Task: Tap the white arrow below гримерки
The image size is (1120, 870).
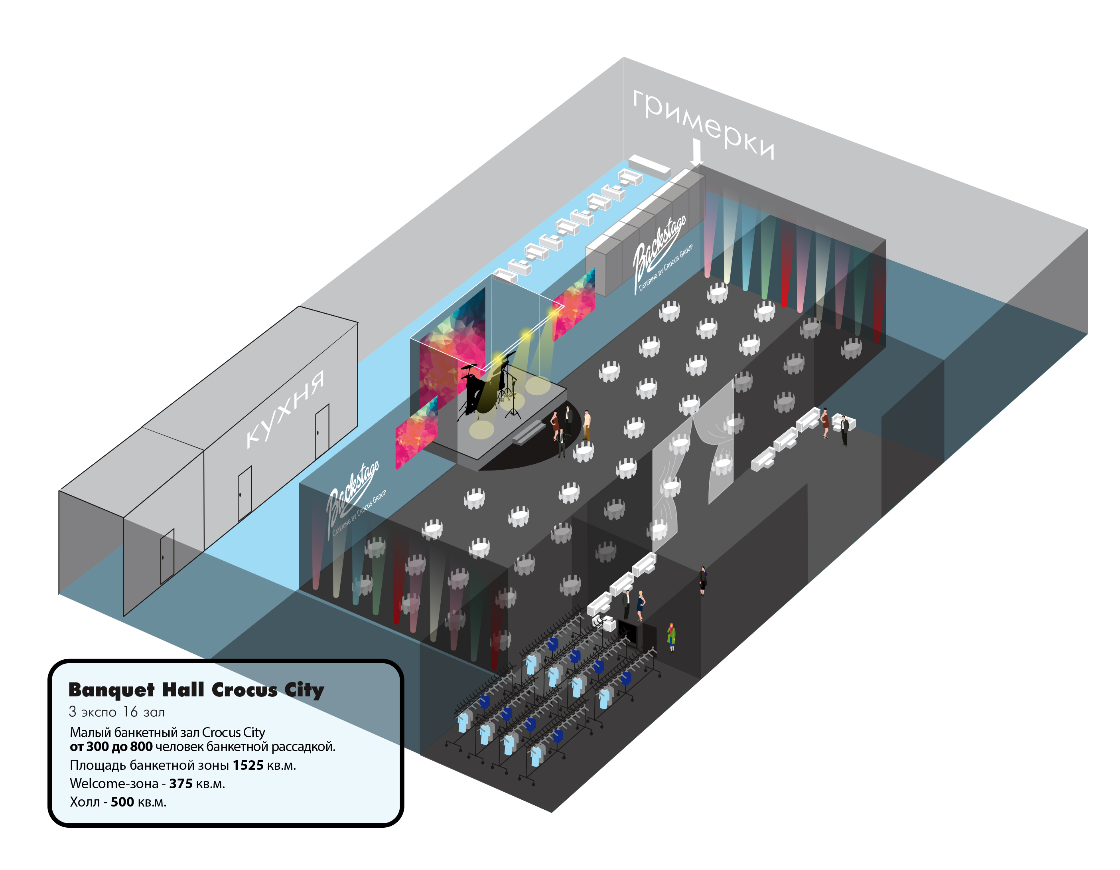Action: [x=696, y=152]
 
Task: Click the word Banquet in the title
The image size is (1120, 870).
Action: [x=111, y=690]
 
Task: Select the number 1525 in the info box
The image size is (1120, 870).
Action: [x=248, y=765]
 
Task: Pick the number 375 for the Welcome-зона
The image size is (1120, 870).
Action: [x=181, y=784]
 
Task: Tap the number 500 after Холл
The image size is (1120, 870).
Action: [x=122, y=802]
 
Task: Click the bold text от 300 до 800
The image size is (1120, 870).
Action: [x=111, y=747]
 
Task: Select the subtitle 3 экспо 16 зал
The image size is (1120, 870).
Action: [x=116, y=712]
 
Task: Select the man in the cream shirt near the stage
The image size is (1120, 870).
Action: [x=587, y=425]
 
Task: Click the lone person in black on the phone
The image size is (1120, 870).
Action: [x=702, y=581]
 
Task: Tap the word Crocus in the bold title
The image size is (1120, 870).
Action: [x=244, y=690]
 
